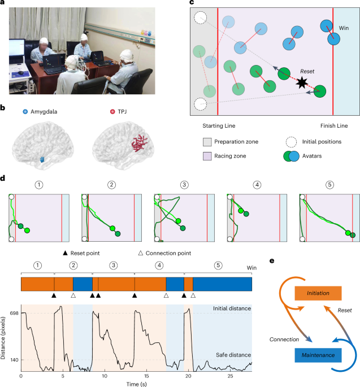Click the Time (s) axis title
[x=136, y=384]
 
